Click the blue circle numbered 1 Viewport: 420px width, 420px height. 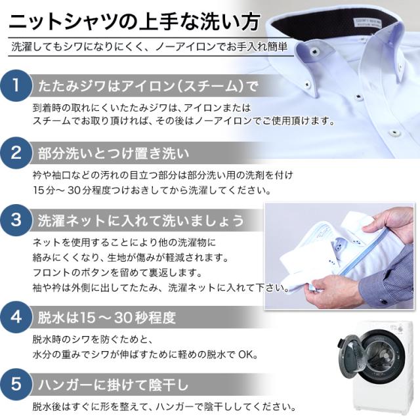(16, 86)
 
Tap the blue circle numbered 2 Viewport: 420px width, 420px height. (16, 153)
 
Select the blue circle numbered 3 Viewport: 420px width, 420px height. (16, 220)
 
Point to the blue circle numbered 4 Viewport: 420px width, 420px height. (16, 317)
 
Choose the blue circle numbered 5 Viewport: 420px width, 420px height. (16, 384)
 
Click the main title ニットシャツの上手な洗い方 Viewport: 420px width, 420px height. (135, 22)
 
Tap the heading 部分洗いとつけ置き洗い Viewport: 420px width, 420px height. (114, 154)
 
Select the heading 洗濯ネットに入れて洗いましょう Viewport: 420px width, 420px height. (141, 220)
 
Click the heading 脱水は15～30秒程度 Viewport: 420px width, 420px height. (107, 318)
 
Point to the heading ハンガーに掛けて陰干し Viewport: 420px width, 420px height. (114, 385)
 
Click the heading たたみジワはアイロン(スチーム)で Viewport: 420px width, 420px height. (148, 86)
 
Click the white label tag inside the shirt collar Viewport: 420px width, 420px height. (367, 22)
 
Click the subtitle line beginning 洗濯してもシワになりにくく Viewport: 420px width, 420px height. (150, 47)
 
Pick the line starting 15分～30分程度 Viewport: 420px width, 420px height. (152, 190)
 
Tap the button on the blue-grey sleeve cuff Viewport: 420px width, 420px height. (384, 302)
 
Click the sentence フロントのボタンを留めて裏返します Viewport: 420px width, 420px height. (117, 273)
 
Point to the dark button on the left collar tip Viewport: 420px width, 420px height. (314, 51)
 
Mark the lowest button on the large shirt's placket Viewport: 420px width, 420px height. (394, 133)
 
